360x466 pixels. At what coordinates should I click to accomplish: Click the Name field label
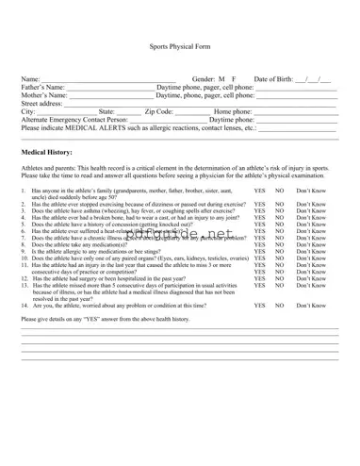coord(30,79)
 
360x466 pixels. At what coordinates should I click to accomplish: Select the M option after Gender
coord(221,79)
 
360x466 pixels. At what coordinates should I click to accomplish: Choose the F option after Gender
coord(234,79)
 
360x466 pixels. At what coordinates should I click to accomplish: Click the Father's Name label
coord(43,88)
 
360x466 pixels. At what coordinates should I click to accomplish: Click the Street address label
coord(41,104)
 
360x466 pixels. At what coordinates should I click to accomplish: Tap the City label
coord(27,112)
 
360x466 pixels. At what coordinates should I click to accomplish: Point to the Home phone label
coord(234,112)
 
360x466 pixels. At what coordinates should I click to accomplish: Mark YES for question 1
coord(259,191)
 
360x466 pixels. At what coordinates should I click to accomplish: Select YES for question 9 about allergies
coord(259,251)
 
